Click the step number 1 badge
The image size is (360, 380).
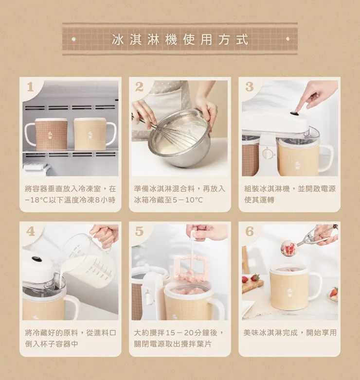[30, 87]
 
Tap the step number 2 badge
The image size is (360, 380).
[139, 87]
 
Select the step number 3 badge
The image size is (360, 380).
[250, 87]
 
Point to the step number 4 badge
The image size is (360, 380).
[31, 231]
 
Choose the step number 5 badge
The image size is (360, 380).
[140, 231]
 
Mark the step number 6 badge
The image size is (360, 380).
[250, 231]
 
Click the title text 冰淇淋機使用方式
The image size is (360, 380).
[180, 39]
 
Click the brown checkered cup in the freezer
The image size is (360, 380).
[46, 134]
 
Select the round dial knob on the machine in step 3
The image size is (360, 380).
[268, 154]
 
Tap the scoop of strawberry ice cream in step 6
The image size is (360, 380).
[288, 248]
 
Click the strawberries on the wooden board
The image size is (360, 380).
[251, 278]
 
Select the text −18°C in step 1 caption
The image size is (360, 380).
[36, 200]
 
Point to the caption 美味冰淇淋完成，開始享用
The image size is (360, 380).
[290, 332]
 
